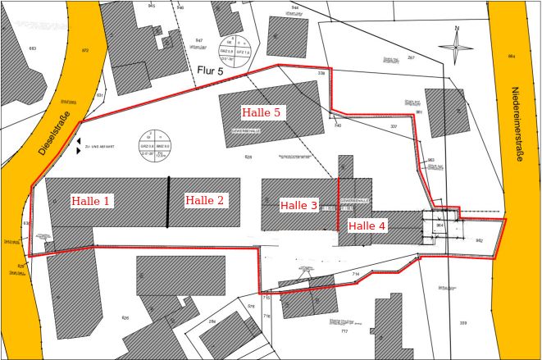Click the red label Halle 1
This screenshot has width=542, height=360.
click(x=91, y=201)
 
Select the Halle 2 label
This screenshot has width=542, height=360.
click(x=204, y=200)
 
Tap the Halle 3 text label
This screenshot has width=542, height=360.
click(x=298, y=205)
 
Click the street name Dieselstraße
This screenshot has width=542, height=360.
click(x=52, y=132)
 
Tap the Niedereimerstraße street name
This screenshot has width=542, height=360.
click(x=516, y=124)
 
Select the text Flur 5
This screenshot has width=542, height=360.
click(x=209, y=71)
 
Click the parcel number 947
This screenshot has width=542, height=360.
click(x=198, y=40)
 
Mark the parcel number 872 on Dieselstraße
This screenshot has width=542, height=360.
click(x=84, y=50)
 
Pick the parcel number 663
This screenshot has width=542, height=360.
click(x=32, y=48)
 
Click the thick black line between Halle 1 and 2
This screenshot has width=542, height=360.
click(x=169, y=202)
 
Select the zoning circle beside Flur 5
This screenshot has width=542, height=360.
click(x=235, y=50)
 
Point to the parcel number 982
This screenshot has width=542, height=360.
click(x=479, y=240)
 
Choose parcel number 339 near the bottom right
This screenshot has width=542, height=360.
click(x=463, y=323)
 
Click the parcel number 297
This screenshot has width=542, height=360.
click(x=411, y=58)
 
